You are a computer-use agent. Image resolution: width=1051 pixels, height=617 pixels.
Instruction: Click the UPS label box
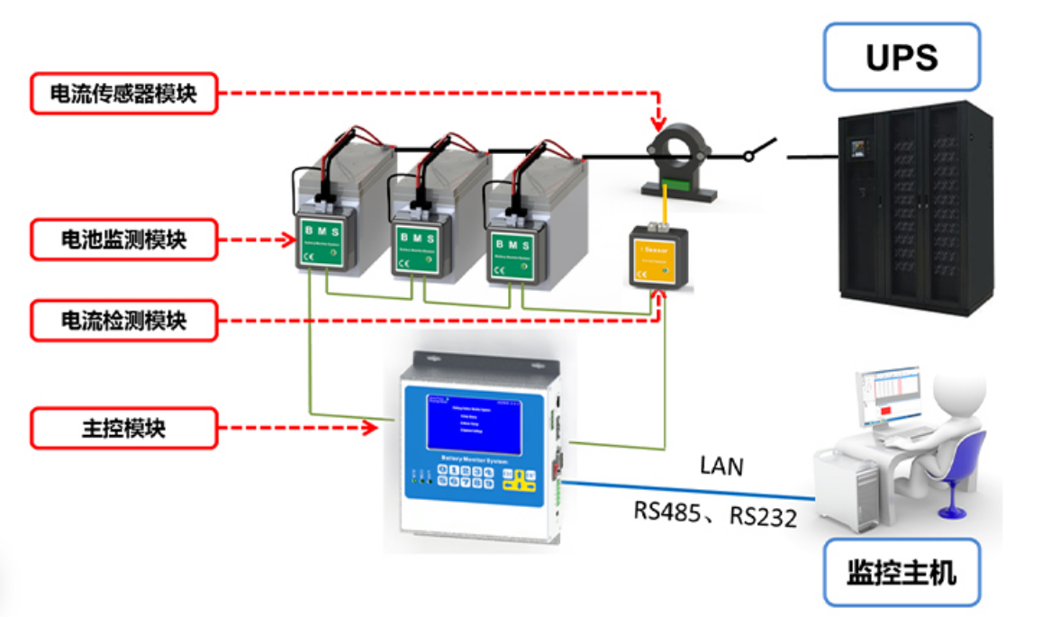902,57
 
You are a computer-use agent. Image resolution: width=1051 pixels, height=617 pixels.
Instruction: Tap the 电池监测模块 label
124,240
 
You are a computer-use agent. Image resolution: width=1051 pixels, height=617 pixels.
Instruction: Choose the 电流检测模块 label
124,319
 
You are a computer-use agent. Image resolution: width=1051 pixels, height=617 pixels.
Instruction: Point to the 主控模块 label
124,427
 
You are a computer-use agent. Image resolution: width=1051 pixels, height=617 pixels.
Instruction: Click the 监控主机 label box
902,574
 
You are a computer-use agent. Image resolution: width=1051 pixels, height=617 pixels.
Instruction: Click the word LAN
723,466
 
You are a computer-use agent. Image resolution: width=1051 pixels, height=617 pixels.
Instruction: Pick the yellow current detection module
660,258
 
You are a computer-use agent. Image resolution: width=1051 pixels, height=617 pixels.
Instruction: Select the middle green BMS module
420,249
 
